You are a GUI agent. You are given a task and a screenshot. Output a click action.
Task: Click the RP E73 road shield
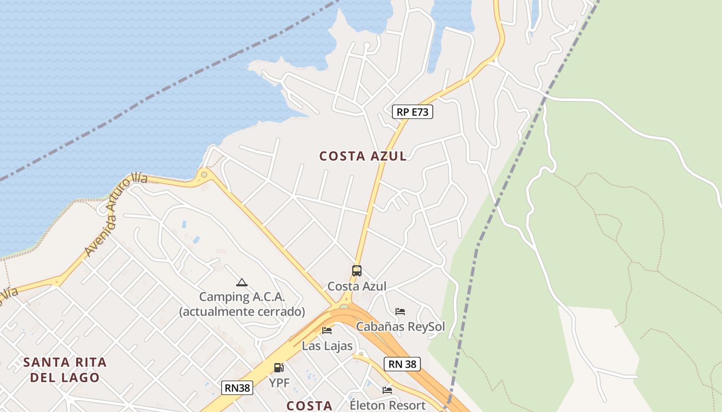[x=413, y=112]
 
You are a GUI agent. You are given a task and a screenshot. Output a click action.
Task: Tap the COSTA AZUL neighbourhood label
[x=363, y=156]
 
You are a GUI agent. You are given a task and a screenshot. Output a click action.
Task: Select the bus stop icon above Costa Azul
[x=356, y=270]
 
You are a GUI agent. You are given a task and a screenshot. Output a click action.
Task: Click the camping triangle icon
[x=241, y=282]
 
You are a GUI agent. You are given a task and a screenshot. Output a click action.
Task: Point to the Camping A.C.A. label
[x=242, y=297]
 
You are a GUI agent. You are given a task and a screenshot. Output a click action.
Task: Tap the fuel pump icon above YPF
[x=278, y=368]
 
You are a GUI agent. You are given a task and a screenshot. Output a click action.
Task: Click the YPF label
[x=280, y=383]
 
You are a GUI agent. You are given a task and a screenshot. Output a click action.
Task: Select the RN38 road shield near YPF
[x=237, y=388]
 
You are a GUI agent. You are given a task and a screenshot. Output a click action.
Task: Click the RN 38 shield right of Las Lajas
[x=402, y=364]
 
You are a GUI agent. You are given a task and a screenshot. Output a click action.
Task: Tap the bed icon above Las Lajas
[x=326, y=331]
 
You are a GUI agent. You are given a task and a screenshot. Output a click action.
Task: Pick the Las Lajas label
[x=327, y=346]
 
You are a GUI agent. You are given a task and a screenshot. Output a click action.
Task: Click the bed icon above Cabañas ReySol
[x=400, y=312]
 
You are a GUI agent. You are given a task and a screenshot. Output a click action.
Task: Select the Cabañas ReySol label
[x=400, y=327]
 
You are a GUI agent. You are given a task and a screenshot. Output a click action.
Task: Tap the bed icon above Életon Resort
[x=387, y=390]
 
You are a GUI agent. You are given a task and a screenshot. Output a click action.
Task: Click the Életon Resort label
[x=387, y=405]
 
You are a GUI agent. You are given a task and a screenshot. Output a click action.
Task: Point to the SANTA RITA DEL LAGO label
[x=65, y=370]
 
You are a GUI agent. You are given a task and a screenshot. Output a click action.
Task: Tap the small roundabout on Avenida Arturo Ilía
[x=204, y=175]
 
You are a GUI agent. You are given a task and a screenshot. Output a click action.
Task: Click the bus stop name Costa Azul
[x=357, y=286]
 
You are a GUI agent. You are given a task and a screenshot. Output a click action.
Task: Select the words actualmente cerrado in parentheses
[x=242, y=312]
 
